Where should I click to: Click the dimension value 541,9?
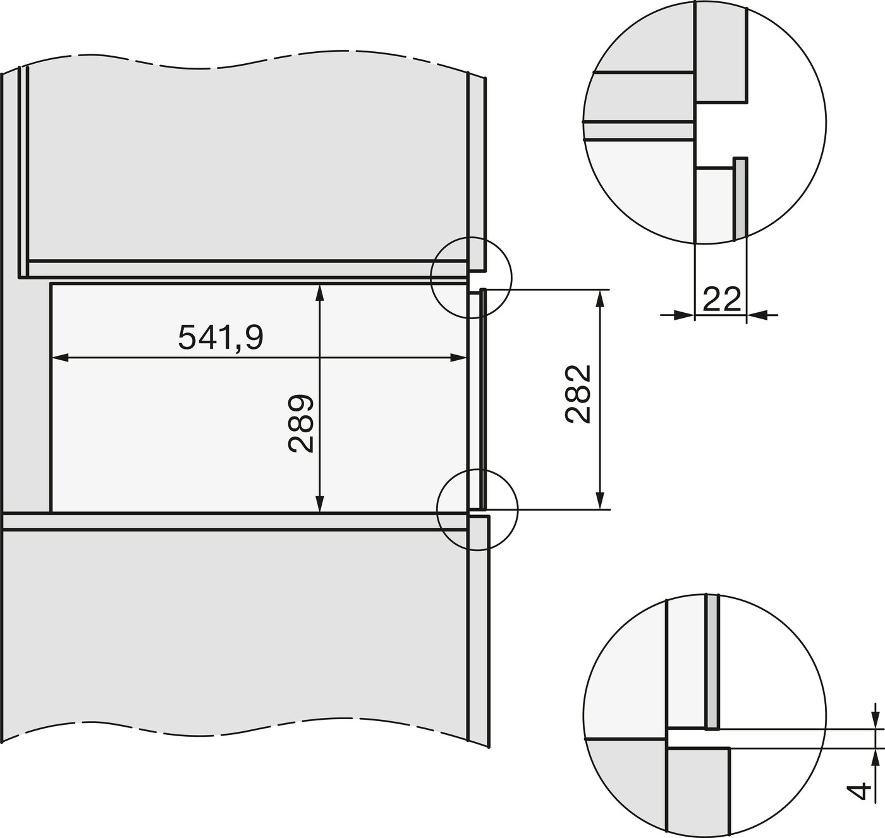(220, 337)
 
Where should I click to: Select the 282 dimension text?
(578, 394)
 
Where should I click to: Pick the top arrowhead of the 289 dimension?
(320, 291)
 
